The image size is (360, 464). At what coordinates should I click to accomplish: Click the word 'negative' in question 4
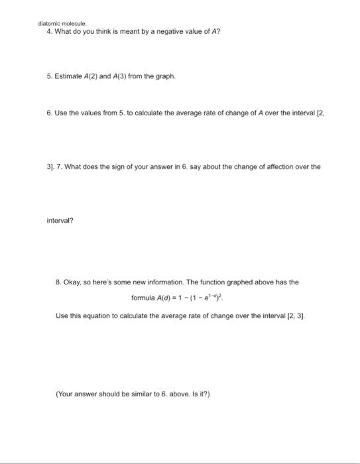(163, 32)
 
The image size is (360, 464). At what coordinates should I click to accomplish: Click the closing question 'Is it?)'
(199, 394)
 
